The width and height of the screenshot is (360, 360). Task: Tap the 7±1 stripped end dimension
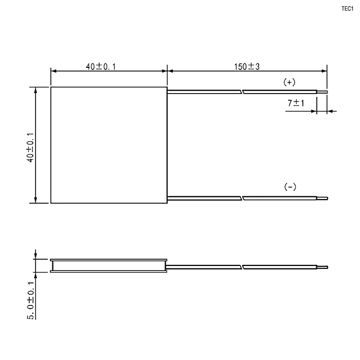[296, 103]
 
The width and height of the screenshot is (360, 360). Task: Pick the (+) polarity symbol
[290, 82]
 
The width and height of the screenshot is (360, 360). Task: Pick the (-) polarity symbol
[290, 187]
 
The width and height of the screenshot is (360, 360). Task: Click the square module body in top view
[109, 145]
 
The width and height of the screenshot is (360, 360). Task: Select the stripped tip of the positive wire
[322, 93]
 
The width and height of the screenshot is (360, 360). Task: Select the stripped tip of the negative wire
[322, 198]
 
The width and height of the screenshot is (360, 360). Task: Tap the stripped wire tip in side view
[322, 267]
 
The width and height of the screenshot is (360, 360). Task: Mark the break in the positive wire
[242, 93]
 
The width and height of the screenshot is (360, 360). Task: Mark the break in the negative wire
[242, 198]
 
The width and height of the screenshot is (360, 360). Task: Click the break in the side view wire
[242, 267]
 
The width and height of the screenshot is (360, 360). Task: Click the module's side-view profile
[109, 265]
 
